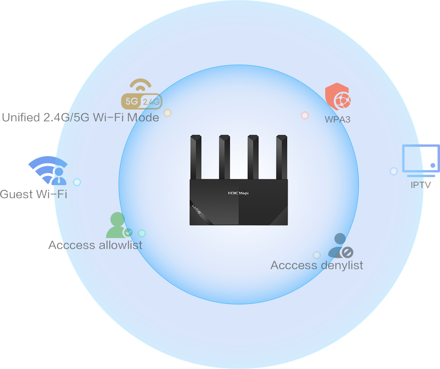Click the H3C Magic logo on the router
(238, 193)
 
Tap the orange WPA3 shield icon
(337, 97)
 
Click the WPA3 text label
(337, 119)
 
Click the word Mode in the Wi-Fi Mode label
(143, 117)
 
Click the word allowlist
(120, 245)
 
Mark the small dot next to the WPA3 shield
(305, 115)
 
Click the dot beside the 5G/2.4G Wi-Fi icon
(167, 113)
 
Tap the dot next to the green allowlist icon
(142, 233)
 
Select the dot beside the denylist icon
(317, 255)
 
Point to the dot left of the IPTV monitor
(394, 171)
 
